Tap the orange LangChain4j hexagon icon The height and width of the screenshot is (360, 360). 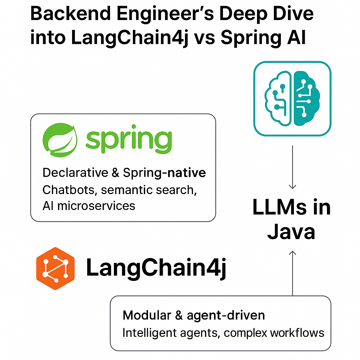[56, 269]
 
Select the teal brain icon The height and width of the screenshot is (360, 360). [292, 98]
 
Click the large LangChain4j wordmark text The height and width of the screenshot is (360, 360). [156, 268]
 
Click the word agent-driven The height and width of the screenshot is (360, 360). [226, 316]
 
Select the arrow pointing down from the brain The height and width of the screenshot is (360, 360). [292, 169]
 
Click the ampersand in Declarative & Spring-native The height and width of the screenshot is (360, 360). [115, 173]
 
